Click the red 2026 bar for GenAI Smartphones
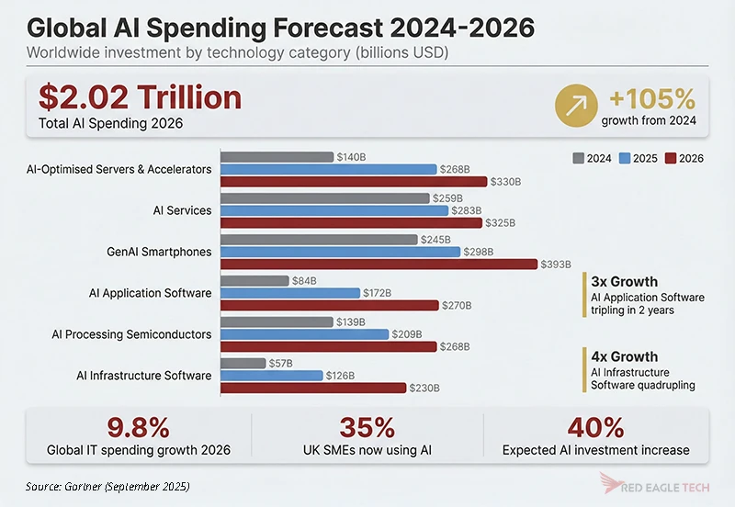tap(379, 264)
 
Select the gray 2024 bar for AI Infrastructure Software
tap(243, 364)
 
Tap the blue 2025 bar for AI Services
tap(334, 210)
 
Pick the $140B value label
tap(351, 157)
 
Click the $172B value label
tap(377, 293)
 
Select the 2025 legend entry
tap(638, 158)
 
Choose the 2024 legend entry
tap(592, 158)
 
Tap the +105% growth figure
tap(648, 98)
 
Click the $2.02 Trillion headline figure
tap(140, 97)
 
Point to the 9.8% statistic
tap(138, 427)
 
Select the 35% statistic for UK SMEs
tap(367, 427)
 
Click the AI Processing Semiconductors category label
tap(131, 334)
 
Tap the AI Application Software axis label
tap(150, 293)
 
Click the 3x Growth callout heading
tap(626, 282)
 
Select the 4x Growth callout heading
tap(626, 356)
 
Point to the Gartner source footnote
tap(108, 485)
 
